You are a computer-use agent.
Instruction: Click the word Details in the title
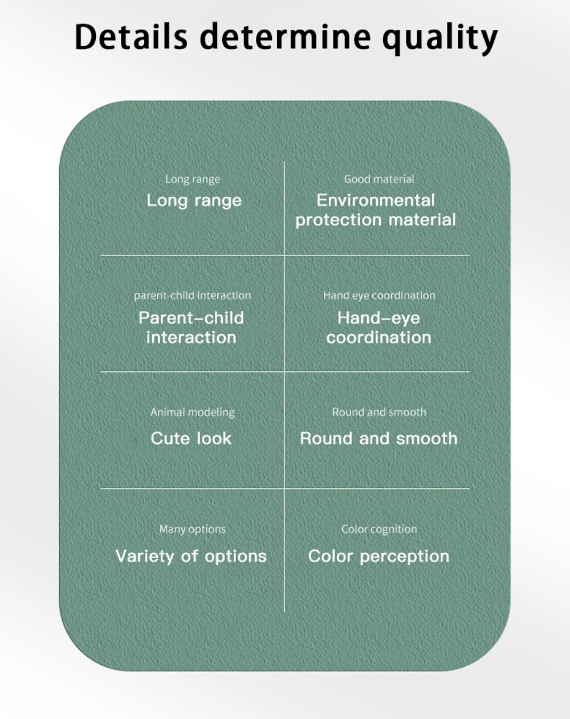[131, 37]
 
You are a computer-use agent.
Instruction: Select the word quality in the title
[439, 38]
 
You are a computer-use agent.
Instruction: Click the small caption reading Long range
[193, 179]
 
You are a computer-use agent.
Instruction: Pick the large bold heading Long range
[194, 200]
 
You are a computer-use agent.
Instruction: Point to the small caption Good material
[379, 179]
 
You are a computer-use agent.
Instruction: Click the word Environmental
[376, 200]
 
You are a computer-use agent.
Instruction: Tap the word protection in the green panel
[339, 220]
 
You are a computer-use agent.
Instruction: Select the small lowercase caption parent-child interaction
[193, 296]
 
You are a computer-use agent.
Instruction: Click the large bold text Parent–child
[192, 318]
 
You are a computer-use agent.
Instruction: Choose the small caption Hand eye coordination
[379, 296]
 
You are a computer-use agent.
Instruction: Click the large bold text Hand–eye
[378, 318]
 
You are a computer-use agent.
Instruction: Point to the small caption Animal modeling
[193, 412]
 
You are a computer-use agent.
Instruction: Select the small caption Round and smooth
[379, 412]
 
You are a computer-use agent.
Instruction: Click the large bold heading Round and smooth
[378, 438]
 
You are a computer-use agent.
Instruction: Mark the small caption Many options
[193, 530]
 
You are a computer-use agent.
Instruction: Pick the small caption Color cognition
[379, 530]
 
